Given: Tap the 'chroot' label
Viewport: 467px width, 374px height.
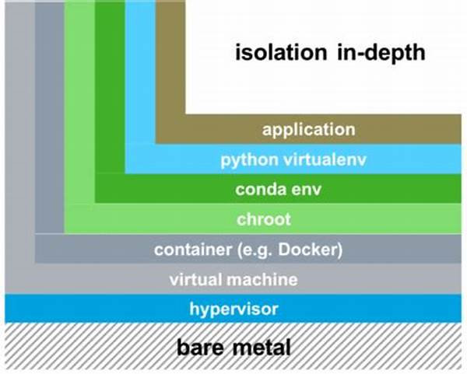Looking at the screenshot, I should pyautogui.click(x=265, y=219).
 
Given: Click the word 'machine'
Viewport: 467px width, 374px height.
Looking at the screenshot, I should pyautogui.click(x=261, y=280).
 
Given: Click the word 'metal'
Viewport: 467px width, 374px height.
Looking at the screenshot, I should pyautogui.click(x=262, y=347).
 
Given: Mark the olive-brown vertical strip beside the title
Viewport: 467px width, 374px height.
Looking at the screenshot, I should pyautogui.click(x=170, y=62).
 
